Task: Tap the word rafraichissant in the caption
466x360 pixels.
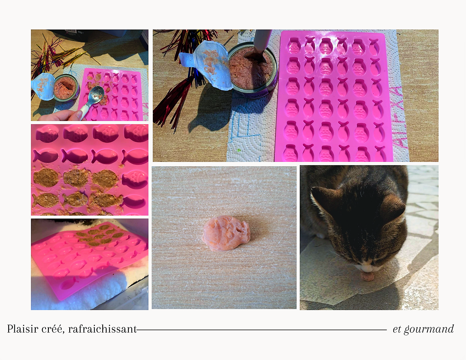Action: coord(102,329)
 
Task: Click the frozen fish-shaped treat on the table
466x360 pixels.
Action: coord(226,233)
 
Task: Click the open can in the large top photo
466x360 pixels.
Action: coord(253,70)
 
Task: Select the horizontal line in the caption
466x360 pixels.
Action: coord(262,330)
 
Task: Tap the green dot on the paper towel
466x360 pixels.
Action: coord(239,150)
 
